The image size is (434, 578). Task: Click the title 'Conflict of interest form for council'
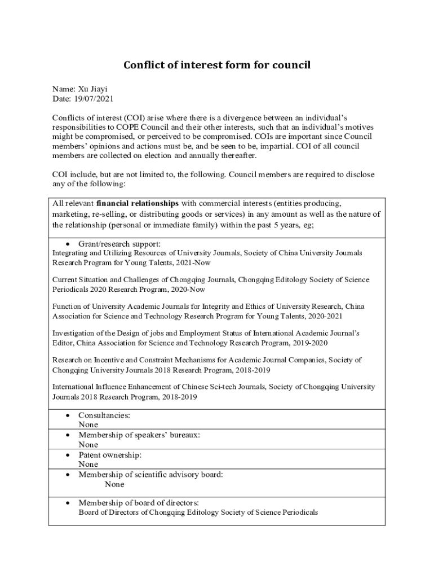pyautogui.click(x=217, y=65)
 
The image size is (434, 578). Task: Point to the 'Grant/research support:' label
pyautogui.click(x=119, y=244)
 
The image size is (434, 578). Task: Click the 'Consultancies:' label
pyautogui.click(x=104, y=415)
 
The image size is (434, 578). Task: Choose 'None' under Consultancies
pyautogui.click(x=88, y=424)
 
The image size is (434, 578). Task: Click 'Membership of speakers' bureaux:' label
pyautogui.click(x=139, y=435)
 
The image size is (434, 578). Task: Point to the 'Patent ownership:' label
pyautogui.click(x=110, y=454)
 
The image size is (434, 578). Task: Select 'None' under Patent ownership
pyautogui.click(x=88, y=464)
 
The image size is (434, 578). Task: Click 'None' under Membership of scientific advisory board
pyautogui.click(x=114, y=484)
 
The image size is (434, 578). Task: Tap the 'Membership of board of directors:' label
pyautogui.click(x=139, y=502)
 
